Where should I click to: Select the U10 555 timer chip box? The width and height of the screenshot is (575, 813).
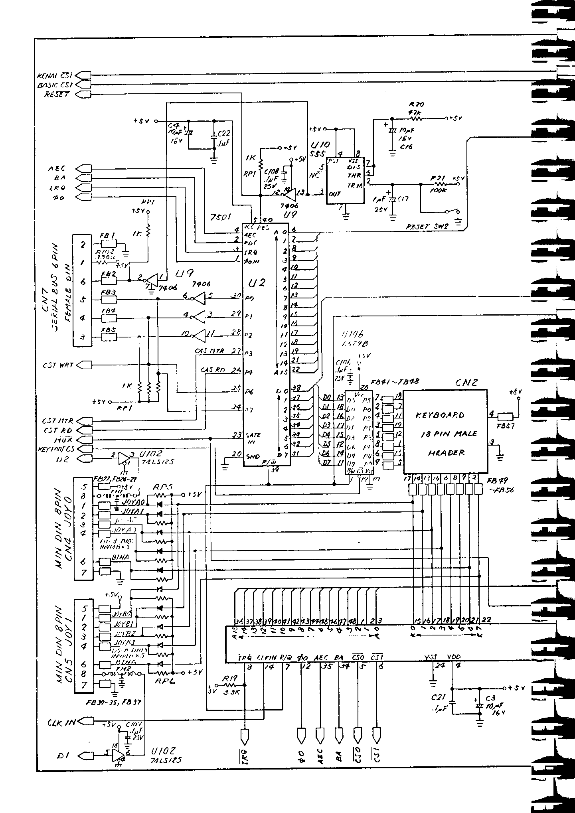(x=345, y=180)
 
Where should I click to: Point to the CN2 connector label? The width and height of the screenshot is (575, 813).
(x=466, y=383)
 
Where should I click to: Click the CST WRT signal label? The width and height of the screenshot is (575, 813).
(x=58, y=365)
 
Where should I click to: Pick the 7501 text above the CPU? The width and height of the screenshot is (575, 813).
(x=220, y=217)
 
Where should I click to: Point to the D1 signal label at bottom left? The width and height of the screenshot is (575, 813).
(x=63, y=756)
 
